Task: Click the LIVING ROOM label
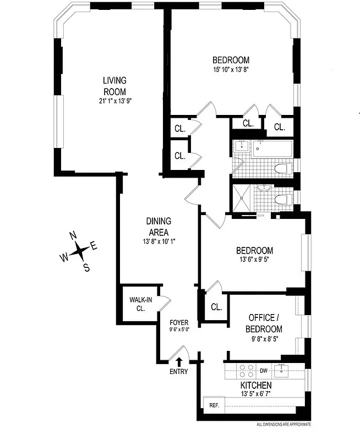click(x=115, y=86)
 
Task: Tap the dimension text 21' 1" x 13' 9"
click(x=115, y=101)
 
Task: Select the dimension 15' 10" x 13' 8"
click(x=231, y=70)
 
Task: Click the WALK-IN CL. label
click(x=140, y=304)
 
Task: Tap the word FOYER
click(x=179, y=323)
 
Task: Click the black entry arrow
click(x=179, y=361)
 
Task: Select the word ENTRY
click(x=179, y=371)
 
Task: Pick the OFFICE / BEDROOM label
click(x=265, y=323)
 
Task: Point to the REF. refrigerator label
click(x=214, y=405)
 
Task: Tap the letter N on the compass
click(x=73, y=236)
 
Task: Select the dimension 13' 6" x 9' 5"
click(x=256, y=261)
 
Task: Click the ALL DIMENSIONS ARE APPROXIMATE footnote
click(x=284, y=425)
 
